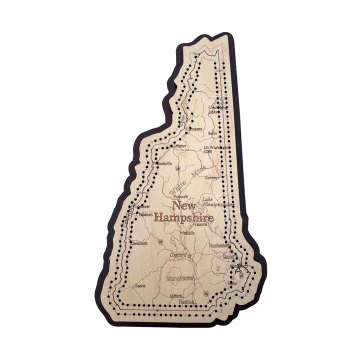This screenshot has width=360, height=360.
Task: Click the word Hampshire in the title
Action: pos(183,218)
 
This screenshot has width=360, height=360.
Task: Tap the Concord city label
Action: pos(178,255)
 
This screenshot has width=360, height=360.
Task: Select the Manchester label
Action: pos(181,278)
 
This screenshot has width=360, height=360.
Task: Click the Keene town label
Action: pos(140,286)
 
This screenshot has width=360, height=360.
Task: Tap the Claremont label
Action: pos(138,243)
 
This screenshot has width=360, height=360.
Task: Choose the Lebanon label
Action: pos(145,214)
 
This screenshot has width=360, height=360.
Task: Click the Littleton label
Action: pos(179,146)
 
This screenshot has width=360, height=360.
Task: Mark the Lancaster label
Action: pos(194,129)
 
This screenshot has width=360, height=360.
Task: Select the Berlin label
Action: pos(212,134)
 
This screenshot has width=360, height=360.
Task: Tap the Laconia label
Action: pos(201,224)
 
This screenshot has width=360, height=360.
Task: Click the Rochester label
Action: pos(219,245)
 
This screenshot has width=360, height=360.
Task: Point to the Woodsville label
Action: pos(163,163)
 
